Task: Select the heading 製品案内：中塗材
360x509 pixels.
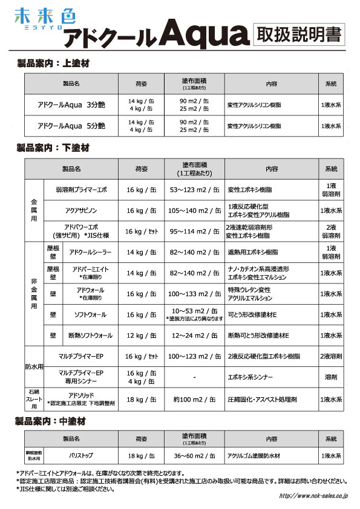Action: (53, 420)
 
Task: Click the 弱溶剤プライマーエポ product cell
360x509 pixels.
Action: (80, 189)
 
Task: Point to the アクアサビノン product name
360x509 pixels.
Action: (80, 210)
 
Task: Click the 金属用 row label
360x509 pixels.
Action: (33, 210)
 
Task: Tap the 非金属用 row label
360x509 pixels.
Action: (33, 294)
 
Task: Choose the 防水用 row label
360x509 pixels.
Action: (34, 366)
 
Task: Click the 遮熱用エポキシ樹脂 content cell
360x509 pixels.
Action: (252, 251)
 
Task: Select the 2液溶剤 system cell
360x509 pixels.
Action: (330, 357)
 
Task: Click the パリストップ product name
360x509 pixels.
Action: (79, 454)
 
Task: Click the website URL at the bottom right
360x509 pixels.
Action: (313, 495)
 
